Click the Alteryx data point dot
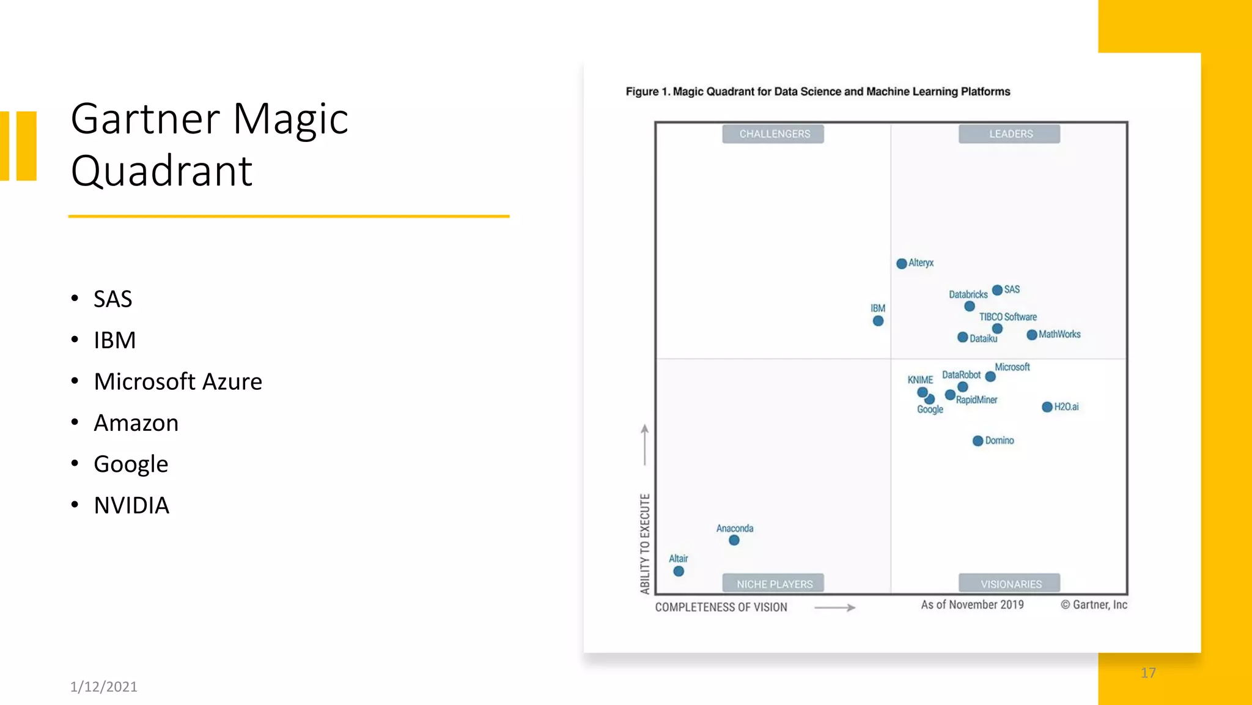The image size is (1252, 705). tap(901, 264)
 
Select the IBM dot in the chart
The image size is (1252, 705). tap(878, 321)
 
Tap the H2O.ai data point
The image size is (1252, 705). tap(1047, 407)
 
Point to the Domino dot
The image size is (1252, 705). tap(978, 441)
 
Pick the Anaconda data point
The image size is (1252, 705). tap(734, 540)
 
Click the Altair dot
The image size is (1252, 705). tap(679, 571)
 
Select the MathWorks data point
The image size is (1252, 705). tap(1032, 335)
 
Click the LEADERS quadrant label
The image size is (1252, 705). tap(1011, 134)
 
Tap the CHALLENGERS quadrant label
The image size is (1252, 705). tap(774, 134)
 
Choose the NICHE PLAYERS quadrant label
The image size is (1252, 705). tap(774, 584)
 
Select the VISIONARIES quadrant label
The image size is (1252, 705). tap(1011, 584)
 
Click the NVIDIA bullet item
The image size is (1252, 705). tap(131, 505)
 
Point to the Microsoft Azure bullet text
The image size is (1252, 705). tap(178, 382)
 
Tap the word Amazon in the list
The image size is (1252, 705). tap(136, 423)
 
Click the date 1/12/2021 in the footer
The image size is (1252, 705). tap(104, 687)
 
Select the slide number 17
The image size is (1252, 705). tap(1148, 673)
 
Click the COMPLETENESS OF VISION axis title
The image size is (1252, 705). tap(721, 607)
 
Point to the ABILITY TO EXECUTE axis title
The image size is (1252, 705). tap(645, 543)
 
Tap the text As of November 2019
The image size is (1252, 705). tap(972, 605)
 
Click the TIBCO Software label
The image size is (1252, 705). tap(1007, 317)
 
